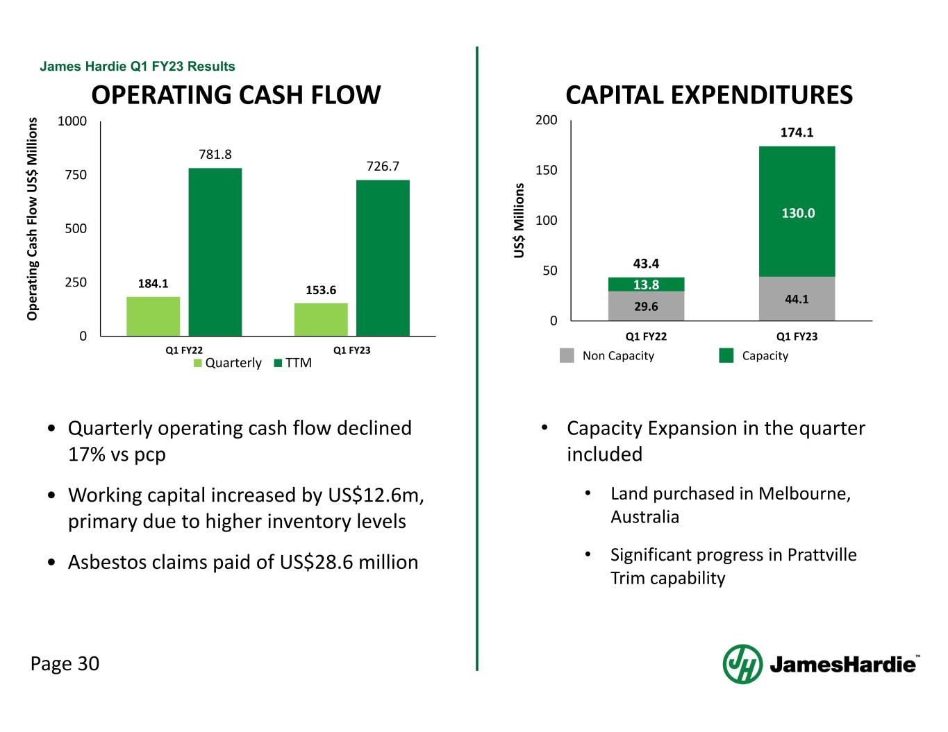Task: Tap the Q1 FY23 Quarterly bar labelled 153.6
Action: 321,320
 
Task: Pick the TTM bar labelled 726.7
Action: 383,258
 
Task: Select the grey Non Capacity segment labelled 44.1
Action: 797,299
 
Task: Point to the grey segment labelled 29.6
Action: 646,306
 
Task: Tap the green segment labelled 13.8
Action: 646,284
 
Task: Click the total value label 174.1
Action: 797,132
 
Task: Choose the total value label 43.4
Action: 646,264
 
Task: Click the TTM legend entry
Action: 293,363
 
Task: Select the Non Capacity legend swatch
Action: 567,355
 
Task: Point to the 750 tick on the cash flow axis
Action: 76,175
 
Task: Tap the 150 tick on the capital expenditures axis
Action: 547,171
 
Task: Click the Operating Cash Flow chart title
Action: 236,95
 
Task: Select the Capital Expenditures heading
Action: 709,95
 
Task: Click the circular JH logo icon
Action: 742,664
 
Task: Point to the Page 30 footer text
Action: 65,664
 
